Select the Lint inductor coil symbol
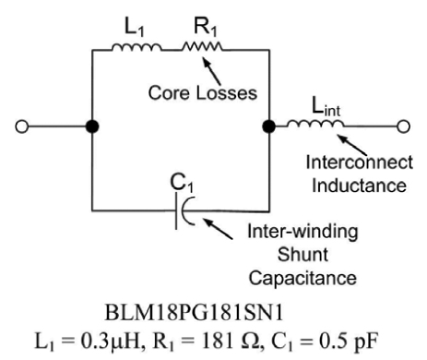pos(313,125)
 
